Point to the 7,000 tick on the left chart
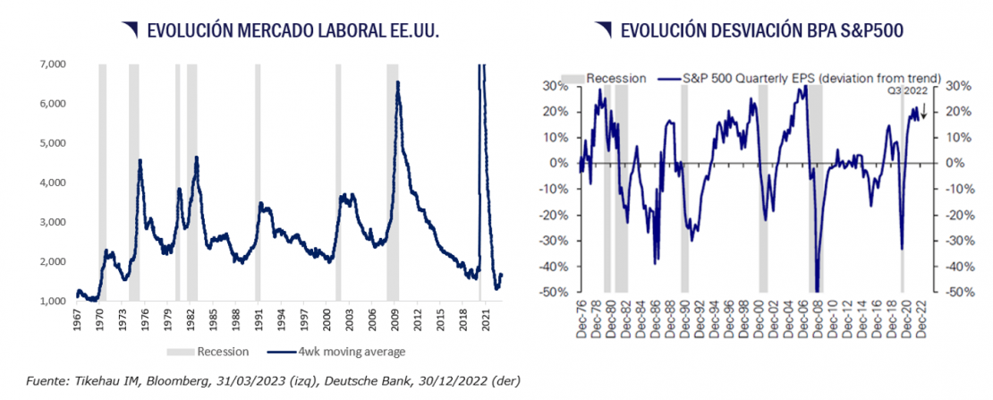point(52,64)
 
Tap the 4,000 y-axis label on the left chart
point(52,183)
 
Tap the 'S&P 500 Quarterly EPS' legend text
point(760,78)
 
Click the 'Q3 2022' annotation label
point(907,90)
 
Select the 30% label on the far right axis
point(959,86)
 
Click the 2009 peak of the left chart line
point(397,82)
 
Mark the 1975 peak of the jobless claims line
point(140,160)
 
